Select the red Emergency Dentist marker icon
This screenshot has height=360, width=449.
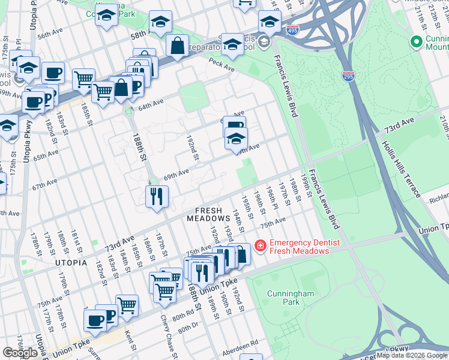click(x=261, y=245)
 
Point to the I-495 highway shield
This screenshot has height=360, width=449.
click(x=292, y=30)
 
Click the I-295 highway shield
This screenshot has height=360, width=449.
click(x=348, y=76)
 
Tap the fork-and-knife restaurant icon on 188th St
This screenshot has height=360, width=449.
click(x=157, y=196)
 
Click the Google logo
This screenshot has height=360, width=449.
click(x=20, y=353)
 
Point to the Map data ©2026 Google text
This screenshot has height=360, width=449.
click(x=411, y=355)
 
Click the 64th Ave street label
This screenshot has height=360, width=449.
click(x=151, y=106)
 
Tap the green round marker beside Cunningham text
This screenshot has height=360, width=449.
click(x=415, y=41)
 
